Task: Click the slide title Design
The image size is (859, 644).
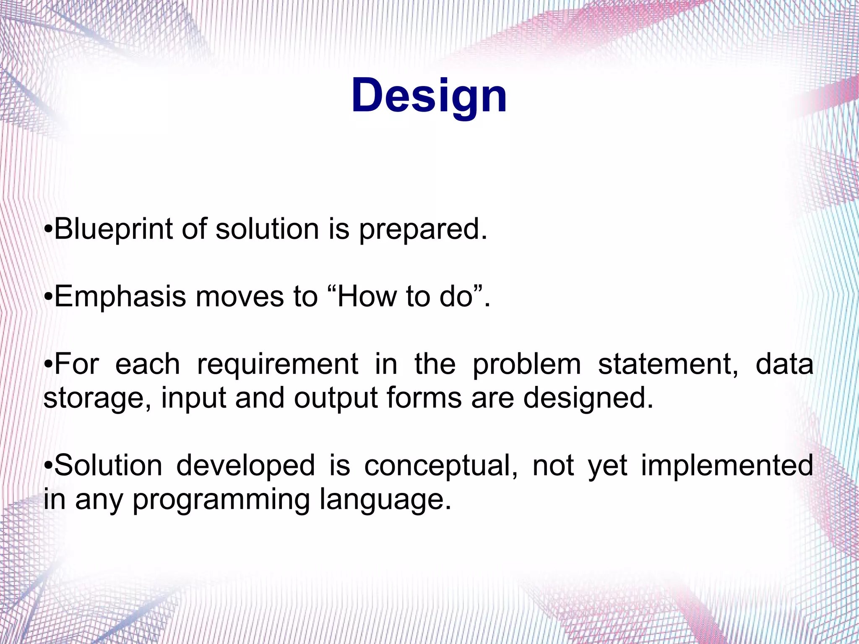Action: pos(429,96)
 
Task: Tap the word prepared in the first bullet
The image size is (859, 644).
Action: pos(423,230)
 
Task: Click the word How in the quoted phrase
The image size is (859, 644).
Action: pos(367,296)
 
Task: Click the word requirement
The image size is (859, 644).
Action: pos(278,364)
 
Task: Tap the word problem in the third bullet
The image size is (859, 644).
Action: pos(527,364)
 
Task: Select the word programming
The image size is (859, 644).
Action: pos(221,500)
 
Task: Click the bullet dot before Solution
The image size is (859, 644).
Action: pos(48,466)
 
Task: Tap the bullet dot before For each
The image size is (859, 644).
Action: pos(48,364)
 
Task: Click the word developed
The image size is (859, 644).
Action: pos(245,466)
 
